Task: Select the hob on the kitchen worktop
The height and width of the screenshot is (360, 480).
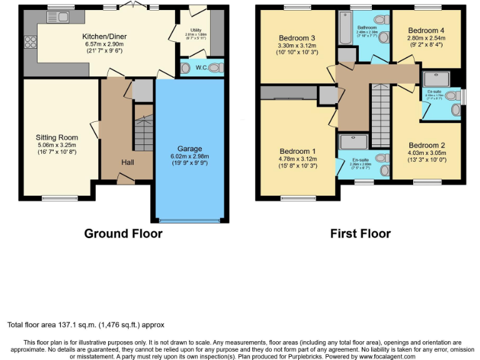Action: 29,42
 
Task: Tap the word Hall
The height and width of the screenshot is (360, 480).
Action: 127,162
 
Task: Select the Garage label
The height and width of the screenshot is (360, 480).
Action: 190,149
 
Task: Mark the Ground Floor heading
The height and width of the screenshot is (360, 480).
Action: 123,234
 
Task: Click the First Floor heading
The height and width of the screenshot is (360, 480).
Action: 361,234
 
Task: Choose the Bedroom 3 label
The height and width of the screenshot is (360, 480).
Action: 296,38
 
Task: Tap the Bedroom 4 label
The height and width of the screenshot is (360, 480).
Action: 427,30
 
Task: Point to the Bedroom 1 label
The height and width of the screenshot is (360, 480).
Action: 297,151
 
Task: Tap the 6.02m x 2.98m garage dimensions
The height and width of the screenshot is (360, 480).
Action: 190,156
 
